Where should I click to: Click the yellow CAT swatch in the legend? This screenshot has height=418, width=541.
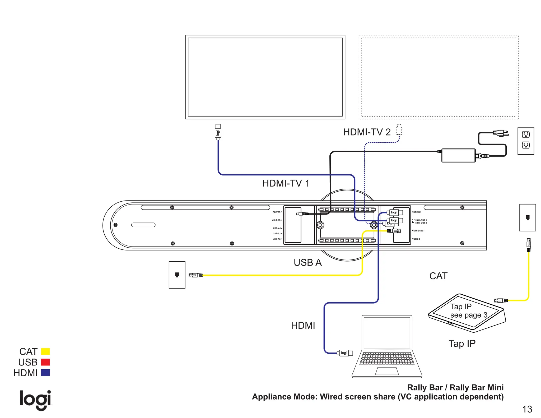45,351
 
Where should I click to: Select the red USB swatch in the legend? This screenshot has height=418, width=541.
45,362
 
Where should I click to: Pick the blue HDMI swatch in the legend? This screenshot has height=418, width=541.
45,373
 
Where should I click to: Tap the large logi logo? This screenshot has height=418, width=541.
35,400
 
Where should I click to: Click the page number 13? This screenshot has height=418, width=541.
527,409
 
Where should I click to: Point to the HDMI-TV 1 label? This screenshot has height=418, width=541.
286,183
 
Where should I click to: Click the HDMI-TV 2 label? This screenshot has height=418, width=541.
367,132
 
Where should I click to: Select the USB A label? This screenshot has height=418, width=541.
307,262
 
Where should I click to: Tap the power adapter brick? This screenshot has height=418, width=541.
458,155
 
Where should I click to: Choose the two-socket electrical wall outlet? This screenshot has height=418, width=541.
526,141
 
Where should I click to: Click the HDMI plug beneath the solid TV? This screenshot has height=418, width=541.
218,132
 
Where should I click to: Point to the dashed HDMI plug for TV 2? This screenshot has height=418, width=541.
399,130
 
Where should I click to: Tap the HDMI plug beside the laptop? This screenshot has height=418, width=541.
344,353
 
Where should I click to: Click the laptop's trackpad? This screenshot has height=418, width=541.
387,371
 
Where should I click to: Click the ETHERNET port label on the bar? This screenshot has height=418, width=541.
419,231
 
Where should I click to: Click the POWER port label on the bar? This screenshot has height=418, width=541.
276,212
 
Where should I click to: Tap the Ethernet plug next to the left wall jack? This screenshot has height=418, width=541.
195,275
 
